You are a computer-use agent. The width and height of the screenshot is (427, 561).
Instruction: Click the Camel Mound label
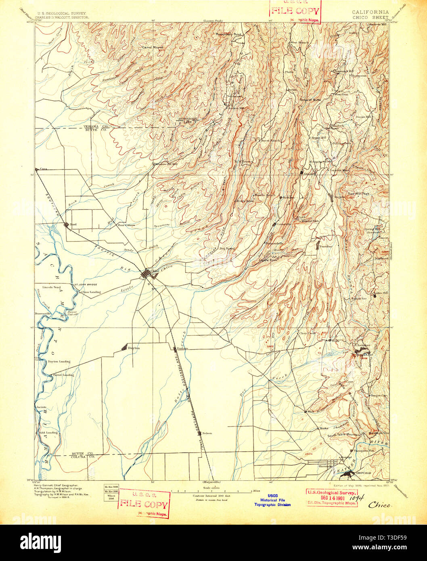(151, 46)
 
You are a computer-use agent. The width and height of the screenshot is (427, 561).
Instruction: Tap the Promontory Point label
(228, 35)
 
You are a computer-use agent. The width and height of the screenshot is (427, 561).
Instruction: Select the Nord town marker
(66, 224)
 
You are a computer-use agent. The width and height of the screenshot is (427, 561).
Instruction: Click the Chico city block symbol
(146, 275)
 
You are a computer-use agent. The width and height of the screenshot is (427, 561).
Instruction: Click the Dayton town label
(134, 348)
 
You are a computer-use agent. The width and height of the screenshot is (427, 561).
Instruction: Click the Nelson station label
(207, 433)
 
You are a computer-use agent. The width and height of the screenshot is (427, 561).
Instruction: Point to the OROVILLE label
(363, 473)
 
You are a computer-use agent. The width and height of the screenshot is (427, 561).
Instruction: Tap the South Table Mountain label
(344, 435)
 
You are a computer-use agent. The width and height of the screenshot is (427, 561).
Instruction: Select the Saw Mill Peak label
(360, 193)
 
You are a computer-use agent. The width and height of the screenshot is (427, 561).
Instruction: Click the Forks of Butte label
(310, 99)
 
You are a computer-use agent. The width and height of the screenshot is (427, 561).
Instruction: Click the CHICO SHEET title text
(370, 17)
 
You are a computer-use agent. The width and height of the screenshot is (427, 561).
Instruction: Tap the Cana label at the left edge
(42, 169)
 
